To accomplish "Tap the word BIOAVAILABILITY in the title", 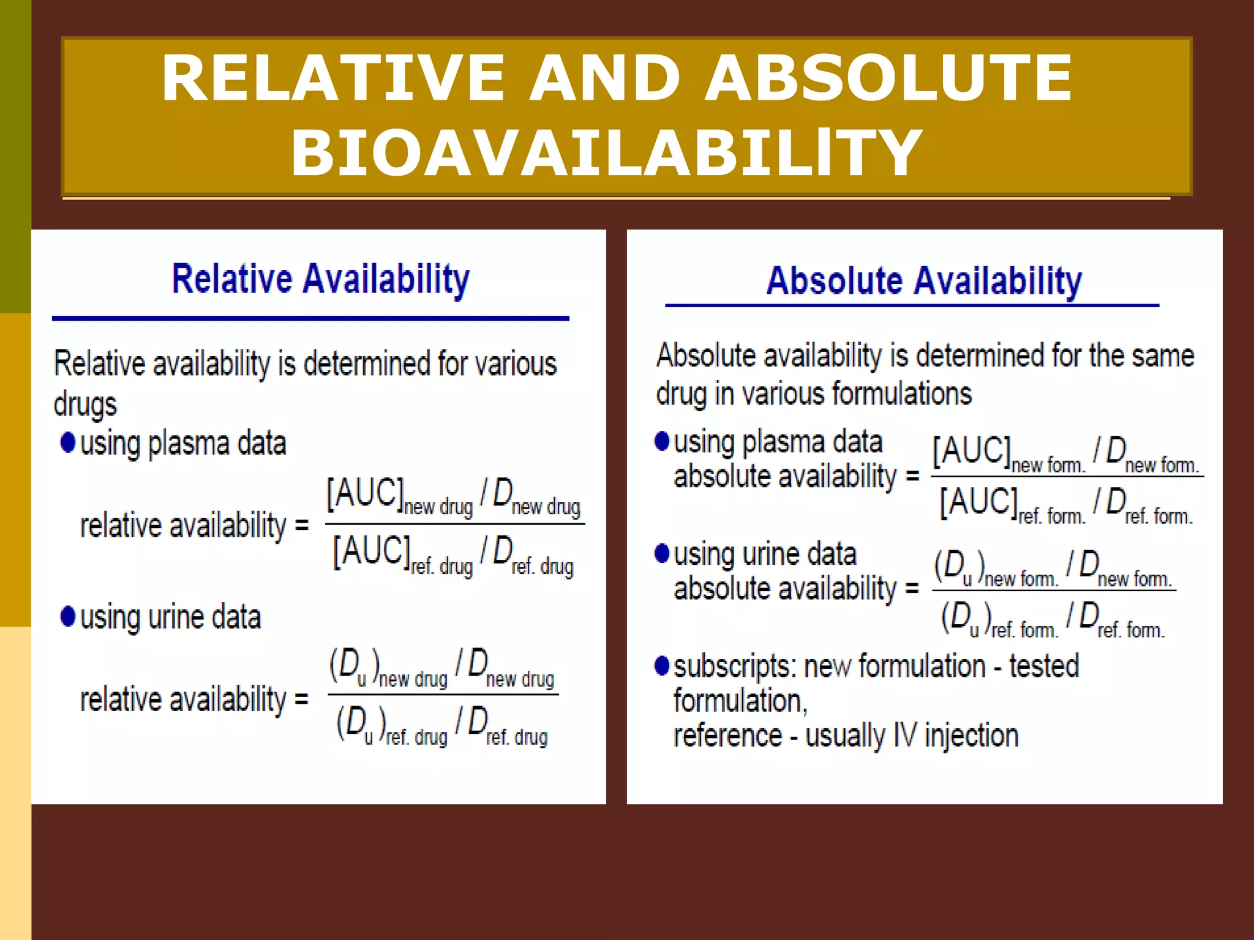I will coord(606,153).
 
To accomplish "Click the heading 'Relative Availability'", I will coord(320,280).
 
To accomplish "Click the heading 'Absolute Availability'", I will coord(924,282).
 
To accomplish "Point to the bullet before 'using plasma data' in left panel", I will coord(68,442).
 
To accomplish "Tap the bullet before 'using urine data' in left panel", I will coord(68,616).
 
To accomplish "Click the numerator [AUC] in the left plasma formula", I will coord(365,493).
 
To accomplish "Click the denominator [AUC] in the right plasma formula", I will coord(978,502).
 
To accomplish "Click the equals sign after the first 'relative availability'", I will coord(301,525).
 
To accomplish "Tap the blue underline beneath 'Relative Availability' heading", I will coord(310,318).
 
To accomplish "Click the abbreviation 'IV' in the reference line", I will coord(904,736).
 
